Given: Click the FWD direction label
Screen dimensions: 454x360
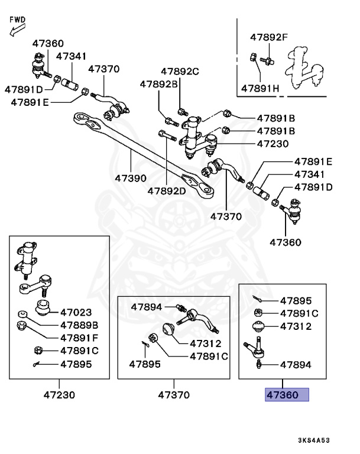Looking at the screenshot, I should [18, 20].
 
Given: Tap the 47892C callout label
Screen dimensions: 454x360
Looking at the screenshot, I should [178, 72].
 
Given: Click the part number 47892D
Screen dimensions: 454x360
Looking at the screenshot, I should [167, 190].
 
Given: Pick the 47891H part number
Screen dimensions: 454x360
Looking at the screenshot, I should [260, 89].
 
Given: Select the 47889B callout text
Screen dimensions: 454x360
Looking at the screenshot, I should [79, 325].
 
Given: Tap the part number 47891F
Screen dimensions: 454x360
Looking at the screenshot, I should [78, 338].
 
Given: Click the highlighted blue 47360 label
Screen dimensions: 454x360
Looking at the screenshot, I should [287, 394].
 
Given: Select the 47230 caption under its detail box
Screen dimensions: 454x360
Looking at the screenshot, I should [59, 394].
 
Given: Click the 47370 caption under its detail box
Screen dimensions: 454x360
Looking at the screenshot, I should [174, 394].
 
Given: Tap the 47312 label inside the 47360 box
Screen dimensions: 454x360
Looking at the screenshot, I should [296, 326].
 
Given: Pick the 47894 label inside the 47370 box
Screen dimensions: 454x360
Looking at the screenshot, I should [147, 307].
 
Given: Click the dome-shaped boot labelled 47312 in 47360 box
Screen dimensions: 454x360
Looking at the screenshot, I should [258, 326].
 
